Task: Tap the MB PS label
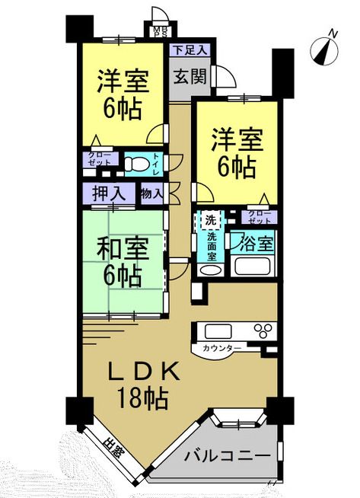(160, 33)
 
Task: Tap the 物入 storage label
(151, 193)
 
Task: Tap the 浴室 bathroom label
(254, 244)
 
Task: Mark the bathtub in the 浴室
(254, 267)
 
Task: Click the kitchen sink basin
(218, 331)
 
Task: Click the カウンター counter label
(223, 348)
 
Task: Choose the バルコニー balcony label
(228, 455)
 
